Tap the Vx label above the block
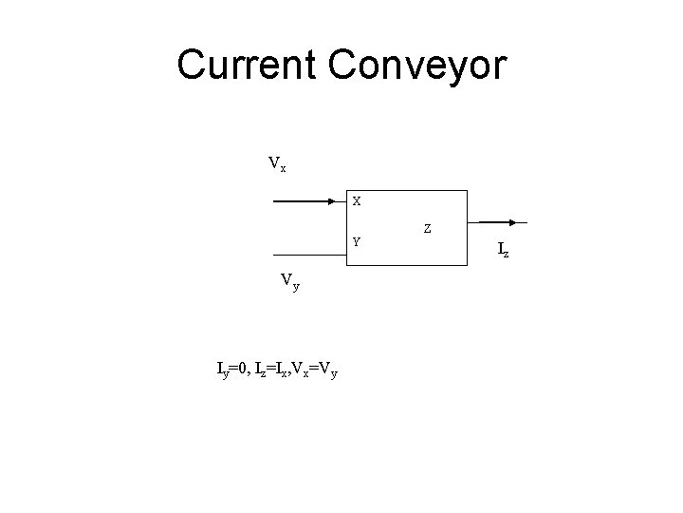[277, 164]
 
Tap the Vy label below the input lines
[289, 281]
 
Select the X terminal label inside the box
[356, 201]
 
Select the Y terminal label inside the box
[356, 241]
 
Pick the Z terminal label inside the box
[428, 228]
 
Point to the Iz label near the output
[505, 250]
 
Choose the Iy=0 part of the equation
[233, 368]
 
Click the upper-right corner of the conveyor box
[469, 191]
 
